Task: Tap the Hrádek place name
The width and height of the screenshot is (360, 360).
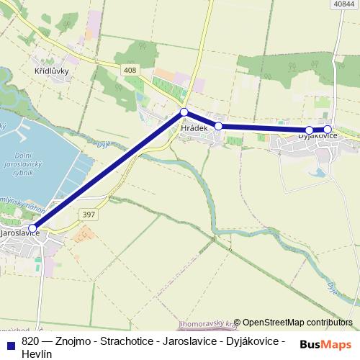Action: (x=195, y=127)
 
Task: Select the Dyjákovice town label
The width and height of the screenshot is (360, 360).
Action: (x=318, y=135)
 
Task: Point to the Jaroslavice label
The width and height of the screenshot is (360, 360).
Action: (x=20, y=234)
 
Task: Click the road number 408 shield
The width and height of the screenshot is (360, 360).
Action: (x=130, y=69)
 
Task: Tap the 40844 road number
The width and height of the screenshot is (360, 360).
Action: (x=344, y=4)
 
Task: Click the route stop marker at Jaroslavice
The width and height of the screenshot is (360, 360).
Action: (x=32, y=228)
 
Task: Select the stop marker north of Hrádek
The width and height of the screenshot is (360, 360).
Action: (x=184, y=112)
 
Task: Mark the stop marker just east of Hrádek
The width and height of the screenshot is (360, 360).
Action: (x=218, y=126)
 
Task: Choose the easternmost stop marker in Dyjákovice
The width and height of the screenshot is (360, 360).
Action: (x=328, y=130)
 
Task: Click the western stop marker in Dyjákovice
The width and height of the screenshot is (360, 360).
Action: (x=309, y=130)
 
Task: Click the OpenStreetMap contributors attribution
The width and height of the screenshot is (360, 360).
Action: (x=297, y=323)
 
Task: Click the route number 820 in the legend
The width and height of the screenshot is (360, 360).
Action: (x=30, y=341)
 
